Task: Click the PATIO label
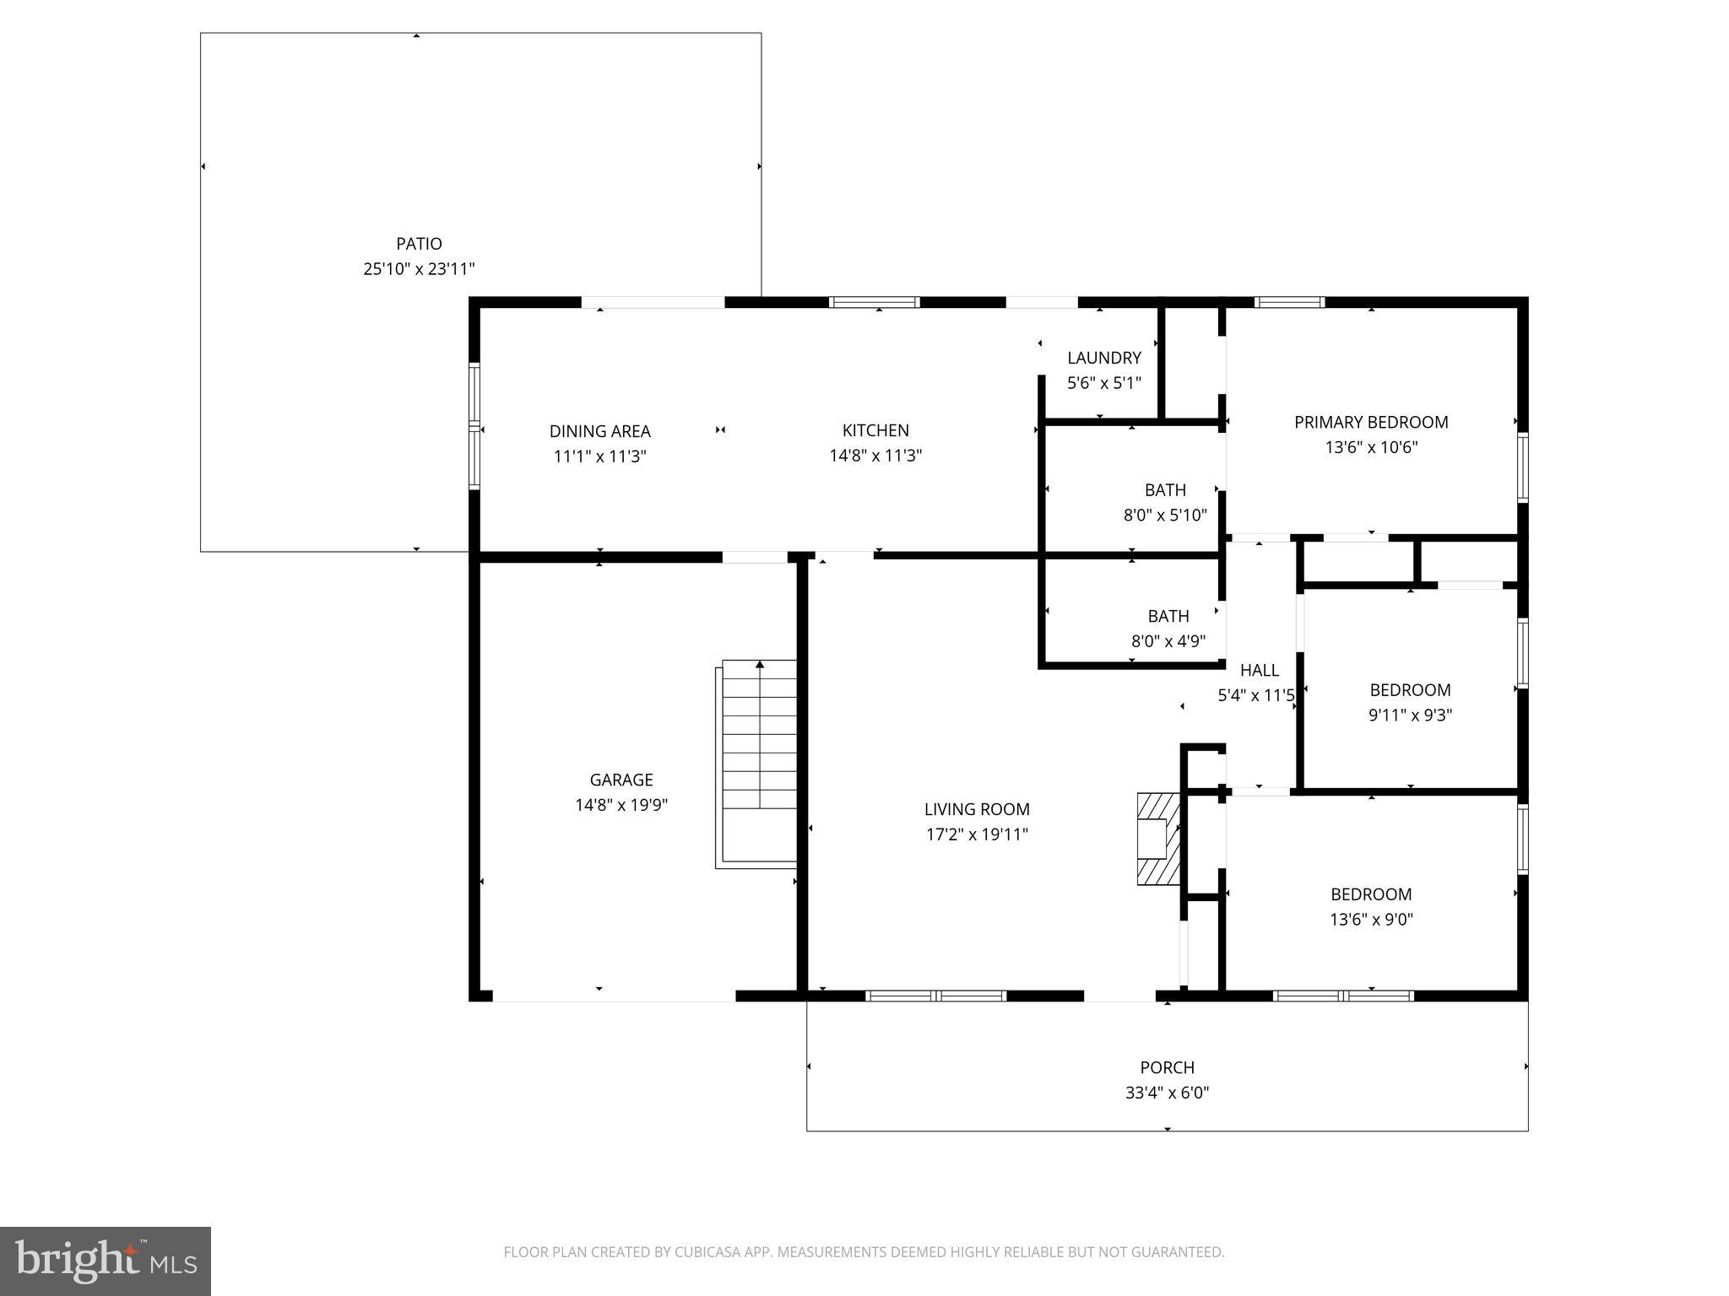(x=419, y=244)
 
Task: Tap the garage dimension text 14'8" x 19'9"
(x=621, y=805)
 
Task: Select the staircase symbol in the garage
(x=759, y=763)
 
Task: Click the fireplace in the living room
(x=1157, y=839)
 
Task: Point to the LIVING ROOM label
(x=977, y=809)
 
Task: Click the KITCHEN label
(x=875, y=430)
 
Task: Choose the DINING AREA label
(x=599, y=431)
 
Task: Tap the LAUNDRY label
(x=1103, y=358)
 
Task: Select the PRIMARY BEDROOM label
(x=1371, y=422)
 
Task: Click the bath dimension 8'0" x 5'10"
(x=1165, y=515)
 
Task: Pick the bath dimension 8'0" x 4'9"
(x=1168, y=641)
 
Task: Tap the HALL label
(x=1259, y=670)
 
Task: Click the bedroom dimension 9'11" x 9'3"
(x=1410, y=715)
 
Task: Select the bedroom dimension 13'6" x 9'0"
(x=1371, y=919)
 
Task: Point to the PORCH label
(x=1167, y=1067)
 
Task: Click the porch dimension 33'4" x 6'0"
(x=1167, y=1093)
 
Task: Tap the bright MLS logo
(x=105, y=1261)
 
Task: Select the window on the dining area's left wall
(x=474, y=426)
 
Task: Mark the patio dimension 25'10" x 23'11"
(x=419, y=269)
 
